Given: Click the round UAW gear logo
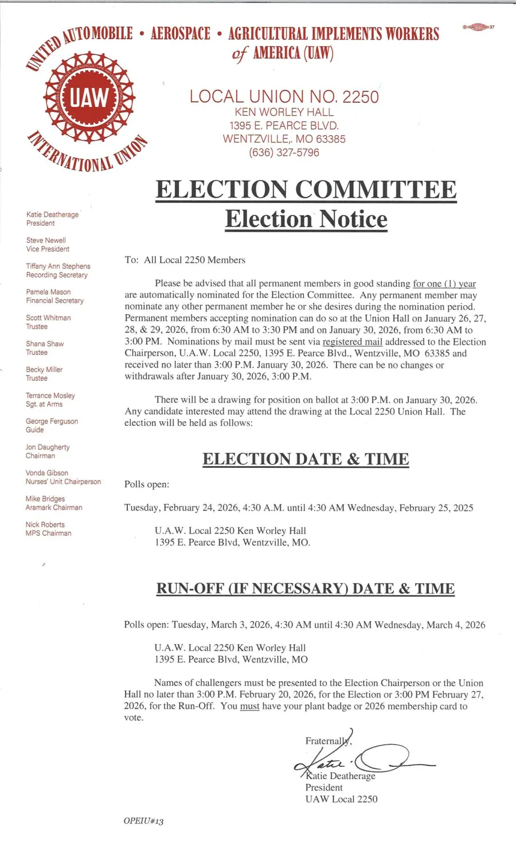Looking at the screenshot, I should pyautogui.click(x=89, y=98).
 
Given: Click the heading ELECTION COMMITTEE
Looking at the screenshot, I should pyautogui.click(x=306, y=190).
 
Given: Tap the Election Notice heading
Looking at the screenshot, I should pyautogui.click(x=306, y=219).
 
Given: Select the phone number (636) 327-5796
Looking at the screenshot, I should pyautogui.click(x=284, y=152).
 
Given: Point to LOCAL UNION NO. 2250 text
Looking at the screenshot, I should pyautogui.click(x=284, y=96).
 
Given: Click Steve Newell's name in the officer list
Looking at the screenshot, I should pyautogui.click(x=46, y=240).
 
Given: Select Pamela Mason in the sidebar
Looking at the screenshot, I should pyautogui.click(x=48, y=292).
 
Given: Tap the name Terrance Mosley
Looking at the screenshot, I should pyautogui.click(x=50, y=395).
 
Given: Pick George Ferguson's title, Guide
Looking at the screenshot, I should pyautogui.click(x=34, y=430).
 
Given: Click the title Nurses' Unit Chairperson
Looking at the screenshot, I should pyautogui.click(x=63, y=481).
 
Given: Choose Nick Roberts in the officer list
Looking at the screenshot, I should pyautogui.click(x=45, y=524).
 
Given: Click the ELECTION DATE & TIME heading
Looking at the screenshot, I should pyautogui.click(x=306, y=459).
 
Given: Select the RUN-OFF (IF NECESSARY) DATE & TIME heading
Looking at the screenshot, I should pyautogui.click(x=306, y=589).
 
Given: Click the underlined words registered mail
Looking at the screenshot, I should pyautogui.click(x=352, y=342).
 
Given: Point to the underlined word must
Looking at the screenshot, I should pyautogui.click(x=249, y=706).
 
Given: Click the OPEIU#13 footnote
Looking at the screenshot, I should pyautogui.click(x=143, y=821).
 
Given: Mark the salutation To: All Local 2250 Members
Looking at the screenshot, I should pyautogui.click(x=185, y=260).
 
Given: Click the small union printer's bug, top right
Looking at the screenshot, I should pyautogui.click(x=478, y=27).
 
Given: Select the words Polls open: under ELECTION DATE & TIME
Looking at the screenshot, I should pyautogui.click(x=147, y=484).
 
